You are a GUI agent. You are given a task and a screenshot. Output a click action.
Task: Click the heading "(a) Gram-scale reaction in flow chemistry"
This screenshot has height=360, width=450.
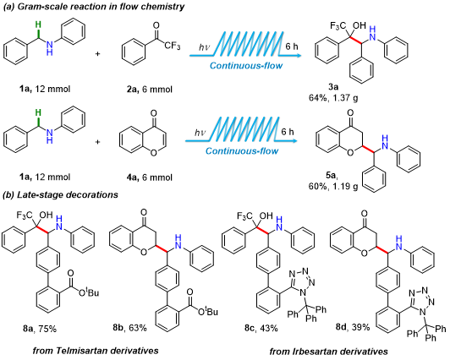[x=94, y=7]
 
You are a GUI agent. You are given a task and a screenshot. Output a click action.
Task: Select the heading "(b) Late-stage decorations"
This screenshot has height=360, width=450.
[x=60, y=194]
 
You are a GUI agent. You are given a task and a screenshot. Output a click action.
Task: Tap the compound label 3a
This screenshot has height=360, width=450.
[x=333, y=87]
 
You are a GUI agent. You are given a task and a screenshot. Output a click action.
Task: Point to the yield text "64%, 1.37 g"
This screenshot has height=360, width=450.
[x=333, y=98]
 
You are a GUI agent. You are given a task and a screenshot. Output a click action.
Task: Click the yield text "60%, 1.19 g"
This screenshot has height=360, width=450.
[x=333, y=187]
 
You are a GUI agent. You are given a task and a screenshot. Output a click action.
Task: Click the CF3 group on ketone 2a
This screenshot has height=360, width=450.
[x=173, y=46]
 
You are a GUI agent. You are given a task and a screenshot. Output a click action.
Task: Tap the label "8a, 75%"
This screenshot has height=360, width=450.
[x=40, y=329]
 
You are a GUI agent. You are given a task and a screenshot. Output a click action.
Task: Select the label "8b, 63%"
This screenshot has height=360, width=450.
[x=129, y=327]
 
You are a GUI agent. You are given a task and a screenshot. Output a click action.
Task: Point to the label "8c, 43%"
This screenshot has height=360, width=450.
[x=261, y=328]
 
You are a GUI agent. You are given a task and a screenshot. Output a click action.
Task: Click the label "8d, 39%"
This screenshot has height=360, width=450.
[x=353, y=327]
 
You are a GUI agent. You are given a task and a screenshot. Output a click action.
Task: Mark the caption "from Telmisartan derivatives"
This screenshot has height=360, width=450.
[x=96, y=350]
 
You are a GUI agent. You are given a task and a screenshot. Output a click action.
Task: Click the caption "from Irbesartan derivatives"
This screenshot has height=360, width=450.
[x=328, y=351]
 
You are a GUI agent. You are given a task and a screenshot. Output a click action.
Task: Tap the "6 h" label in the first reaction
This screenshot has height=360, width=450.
[x=292, y=46]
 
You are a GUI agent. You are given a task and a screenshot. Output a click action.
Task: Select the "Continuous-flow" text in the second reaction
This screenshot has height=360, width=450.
[x=242, y=150]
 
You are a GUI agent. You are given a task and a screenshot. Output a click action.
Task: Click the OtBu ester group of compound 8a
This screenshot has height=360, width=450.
[x=89, y=292]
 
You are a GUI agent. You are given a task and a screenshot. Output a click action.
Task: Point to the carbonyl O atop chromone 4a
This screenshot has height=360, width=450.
[x=154, y=114]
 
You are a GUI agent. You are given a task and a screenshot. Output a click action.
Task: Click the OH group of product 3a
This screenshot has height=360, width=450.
[x=359, y=26]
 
